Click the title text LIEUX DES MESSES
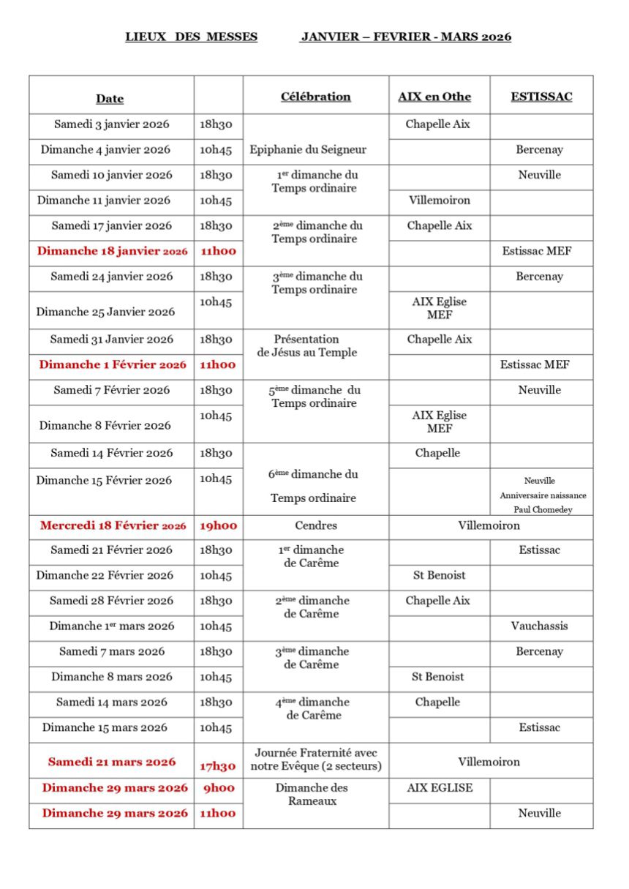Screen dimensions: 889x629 191,37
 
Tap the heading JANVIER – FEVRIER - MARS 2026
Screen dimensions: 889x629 405,37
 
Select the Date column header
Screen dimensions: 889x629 110,99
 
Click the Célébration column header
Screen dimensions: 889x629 315,97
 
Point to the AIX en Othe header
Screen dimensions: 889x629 434,97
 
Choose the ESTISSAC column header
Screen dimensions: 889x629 541,97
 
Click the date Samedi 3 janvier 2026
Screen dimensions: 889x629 112,124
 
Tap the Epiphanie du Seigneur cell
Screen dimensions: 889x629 308,150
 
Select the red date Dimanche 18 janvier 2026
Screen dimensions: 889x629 112,251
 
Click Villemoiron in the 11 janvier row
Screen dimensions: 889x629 439,200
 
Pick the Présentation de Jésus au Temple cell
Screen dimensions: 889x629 306,346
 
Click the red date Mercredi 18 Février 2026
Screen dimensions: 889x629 113,525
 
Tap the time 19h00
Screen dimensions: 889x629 218,525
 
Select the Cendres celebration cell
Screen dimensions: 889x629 316,525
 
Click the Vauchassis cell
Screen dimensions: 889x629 539,626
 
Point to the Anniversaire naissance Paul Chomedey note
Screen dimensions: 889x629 543,503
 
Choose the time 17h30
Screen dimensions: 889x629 218,767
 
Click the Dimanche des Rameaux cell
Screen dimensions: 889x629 312,795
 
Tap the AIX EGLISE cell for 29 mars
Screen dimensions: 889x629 440,788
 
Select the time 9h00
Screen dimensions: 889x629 218,788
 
